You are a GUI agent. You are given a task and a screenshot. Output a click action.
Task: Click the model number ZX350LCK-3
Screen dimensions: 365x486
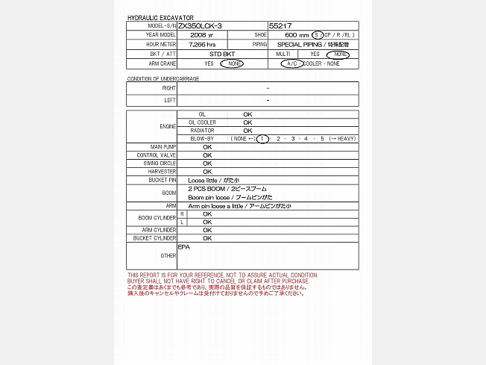coord(200,25)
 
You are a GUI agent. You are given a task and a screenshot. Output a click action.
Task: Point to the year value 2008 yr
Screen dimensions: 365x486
coord(201,35)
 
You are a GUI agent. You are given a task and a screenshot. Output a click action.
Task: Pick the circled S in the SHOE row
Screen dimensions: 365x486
coord(318,35)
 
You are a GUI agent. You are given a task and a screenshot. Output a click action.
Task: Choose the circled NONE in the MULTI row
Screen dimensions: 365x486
coord(341,54)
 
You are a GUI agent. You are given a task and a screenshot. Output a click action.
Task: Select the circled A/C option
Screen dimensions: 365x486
coord(291,64)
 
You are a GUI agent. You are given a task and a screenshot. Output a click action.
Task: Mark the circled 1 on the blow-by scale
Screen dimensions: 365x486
coord(262,139)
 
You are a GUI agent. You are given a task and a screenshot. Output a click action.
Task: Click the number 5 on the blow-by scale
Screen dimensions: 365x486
coord(323,139)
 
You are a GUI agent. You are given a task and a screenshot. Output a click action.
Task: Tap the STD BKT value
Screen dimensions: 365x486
coord(222,54)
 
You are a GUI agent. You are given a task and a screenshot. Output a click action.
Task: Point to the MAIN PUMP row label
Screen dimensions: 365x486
coord(163,147)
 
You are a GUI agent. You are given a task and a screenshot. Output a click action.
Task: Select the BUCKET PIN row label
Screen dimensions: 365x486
coord(162,180)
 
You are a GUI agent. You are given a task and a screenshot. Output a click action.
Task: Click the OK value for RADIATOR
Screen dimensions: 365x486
coord(247,131)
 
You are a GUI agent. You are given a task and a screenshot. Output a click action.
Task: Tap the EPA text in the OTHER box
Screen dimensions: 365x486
coord(183,246)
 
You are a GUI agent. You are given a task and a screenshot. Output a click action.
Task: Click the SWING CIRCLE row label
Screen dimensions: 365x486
coord(161,163)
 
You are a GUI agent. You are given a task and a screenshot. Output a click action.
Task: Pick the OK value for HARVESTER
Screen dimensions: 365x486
coord(207,172)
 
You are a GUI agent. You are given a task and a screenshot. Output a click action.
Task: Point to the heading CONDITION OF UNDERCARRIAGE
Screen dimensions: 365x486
coord(163,78)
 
